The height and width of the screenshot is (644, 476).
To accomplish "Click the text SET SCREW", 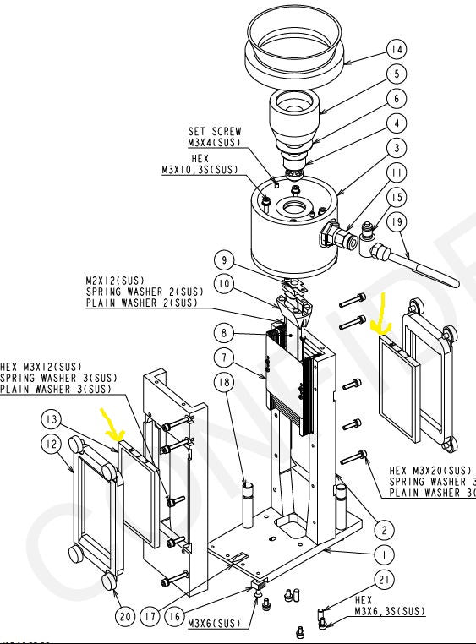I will [x=214, y=131].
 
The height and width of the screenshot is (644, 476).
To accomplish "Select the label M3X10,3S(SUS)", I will [x=200, y=170].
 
